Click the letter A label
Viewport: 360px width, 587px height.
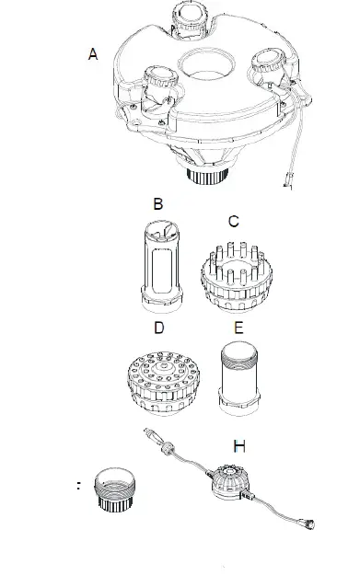click(x=92, y=56)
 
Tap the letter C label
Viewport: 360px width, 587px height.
click(x=234, y=221)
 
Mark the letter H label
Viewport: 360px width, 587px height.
click(x=239, y=446)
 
